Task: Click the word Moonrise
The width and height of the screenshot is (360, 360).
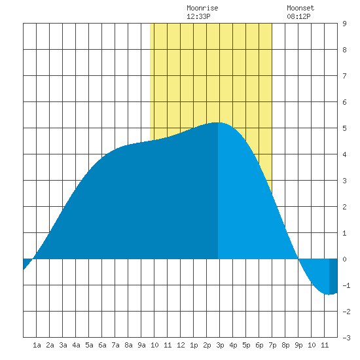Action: [x=202, y=8]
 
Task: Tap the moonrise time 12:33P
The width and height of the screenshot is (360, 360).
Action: [x=198, y=16]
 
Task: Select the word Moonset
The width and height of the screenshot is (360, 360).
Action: [x=300, y=8]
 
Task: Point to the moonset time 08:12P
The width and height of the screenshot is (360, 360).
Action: [x=298, y=16]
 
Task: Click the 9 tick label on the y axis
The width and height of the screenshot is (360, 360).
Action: [x=344, y=24]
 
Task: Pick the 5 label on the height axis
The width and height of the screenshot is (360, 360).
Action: [x=344, y=128]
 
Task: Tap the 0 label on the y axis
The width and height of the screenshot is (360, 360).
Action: [x=344, y=259]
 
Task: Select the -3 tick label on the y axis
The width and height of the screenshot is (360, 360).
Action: [x=346, y=338]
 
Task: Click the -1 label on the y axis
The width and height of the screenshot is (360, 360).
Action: [x=346, y=285]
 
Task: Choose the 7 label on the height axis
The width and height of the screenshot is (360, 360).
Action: [x=344, y=76]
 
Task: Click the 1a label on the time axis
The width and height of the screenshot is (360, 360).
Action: [x=37, y=345]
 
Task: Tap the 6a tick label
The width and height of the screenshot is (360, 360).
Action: [x=102, y=345]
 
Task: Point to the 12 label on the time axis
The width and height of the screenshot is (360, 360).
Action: [x=181, y=345]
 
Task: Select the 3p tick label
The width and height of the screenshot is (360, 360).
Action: [x=220, y=345]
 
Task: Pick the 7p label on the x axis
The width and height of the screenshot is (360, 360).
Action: [x=272, y=345]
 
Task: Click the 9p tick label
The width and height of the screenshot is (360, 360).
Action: [x=298, y=345]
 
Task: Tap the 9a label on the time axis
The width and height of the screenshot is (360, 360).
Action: [x=141, y=345]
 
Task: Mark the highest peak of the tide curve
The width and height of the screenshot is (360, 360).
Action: [x=217, y=122]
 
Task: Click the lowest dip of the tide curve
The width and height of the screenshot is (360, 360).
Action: [x=329, y=295]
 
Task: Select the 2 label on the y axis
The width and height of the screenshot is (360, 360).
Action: [x=344, y=207]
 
